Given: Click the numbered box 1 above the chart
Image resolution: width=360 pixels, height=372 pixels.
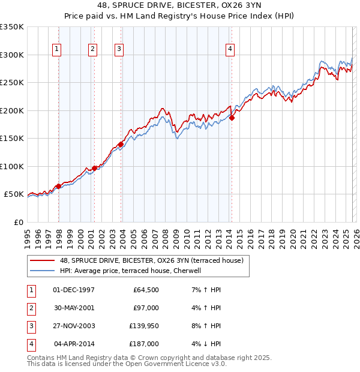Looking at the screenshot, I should (56, 50).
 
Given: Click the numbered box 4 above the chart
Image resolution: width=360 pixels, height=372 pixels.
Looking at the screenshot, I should (230, 50).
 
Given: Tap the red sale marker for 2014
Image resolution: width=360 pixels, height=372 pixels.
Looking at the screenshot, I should (232, 118).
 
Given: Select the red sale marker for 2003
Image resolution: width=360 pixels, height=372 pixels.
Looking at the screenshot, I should (121, 144).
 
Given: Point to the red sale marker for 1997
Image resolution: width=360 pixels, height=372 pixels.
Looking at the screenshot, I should (58, 186).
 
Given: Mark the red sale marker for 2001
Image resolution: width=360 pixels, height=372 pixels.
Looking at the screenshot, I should (95, 168).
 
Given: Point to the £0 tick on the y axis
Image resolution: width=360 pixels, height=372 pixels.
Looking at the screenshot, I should (18, 223).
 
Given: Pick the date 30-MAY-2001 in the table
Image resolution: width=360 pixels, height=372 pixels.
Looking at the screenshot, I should (74, 307).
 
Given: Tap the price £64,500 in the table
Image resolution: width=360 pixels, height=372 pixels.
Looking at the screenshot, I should (145, 290).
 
